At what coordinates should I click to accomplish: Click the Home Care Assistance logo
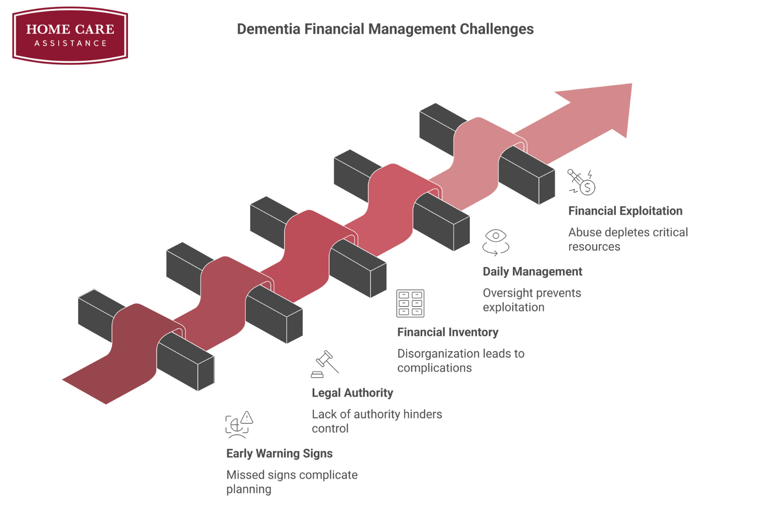[70, 35]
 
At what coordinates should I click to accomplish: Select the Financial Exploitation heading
[625, 211]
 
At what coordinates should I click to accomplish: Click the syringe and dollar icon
[582, 182]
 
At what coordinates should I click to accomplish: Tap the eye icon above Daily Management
[496, 236]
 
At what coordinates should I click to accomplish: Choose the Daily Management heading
[532, 272]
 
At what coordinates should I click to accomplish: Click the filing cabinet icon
[410, 303]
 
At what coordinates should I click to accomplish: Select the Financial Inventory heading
[448, 332]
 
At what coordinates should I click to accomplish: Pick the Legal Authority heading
[352, 393]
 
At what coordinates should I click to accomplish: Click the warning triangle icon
[246, 418]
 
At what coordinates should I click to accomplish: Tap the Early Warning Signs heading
[279, 454]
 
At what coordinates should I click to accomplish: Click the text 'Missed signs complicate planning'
[292, 482]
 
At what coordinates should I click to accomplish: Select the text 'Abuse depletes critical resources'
[627, 239]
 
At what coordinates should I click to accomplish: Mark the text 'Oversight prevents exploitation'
[532, 300]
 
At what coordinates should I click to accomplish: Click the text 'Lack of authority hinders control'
[376, 421]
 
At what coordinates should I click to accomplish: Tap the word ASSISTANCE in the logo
[70, 44]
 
